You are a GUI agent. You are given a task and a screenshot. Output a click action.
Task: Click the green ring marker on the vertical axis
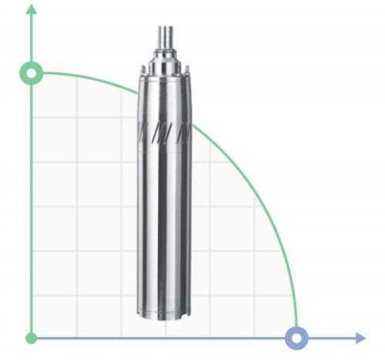33,73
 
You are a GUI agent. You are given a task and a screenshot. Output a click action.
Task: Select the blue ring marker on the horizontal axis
297,338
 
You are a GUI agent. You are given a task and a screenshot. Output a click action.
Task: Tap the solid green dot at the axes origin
33,338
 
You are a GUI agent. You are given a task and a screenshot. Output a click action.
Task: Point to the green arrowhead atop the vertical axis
33,10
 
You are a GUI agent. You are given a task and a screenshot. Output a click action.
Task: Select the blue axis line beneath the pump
165,338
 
